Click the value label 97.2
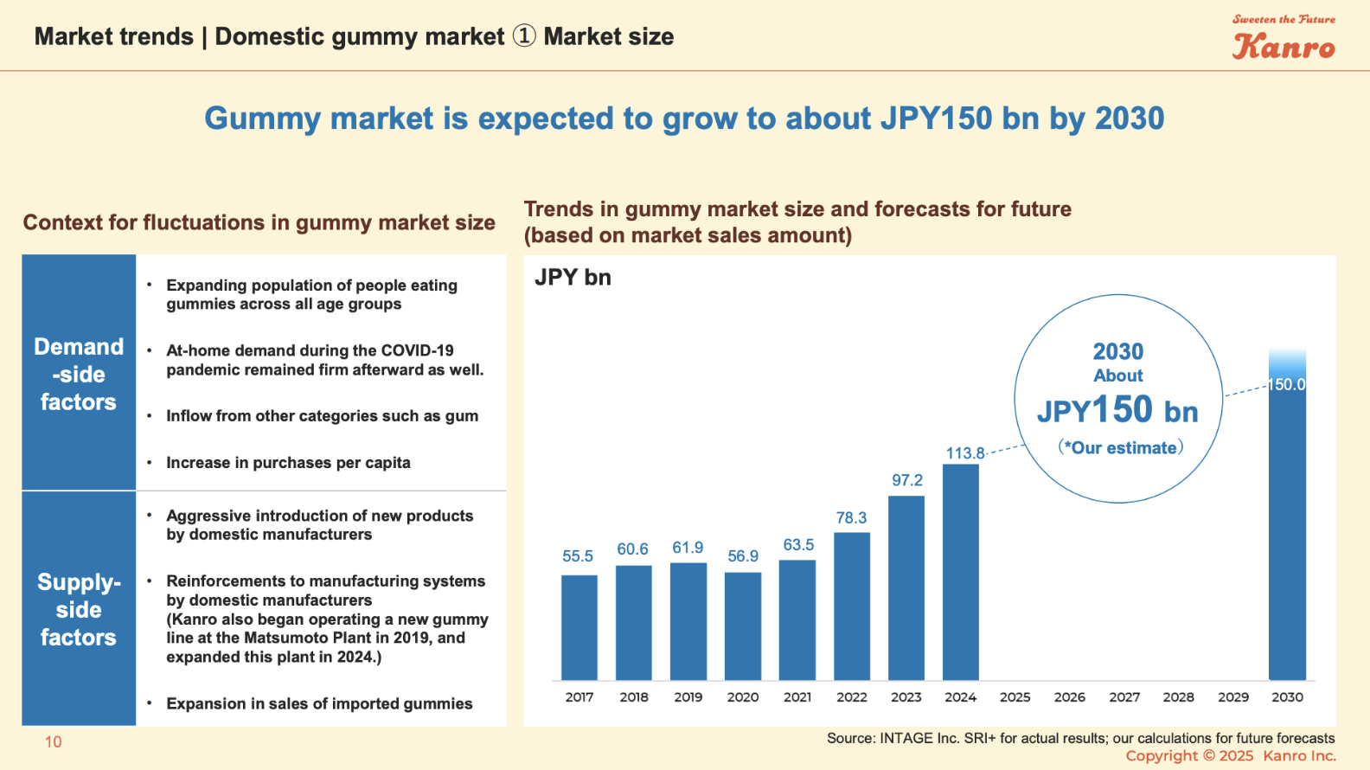tap(907, 480)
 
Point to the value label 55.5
tap(578, 556)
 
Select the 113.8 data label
tap(965, 453)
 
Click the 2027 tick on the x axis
tap(1124, 697)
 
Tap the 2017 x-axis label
tap(579, 697)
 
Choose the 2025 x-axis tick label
tap(1015, 697)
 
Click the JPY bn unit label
tap(573, 278)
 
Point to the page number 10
tap(54, 742)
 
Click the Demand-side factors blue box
tap(79, 374)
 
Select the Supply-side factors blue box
tap(79, 609)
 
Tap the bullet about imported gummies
tap(319, 704)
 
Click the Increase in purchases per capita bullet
tap(288, 463)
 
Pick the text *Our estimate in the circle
tap(1120, 448)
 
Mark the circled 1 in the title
tap(524, 36)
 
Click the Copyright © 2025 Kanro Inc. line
tap(1230, 756)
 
